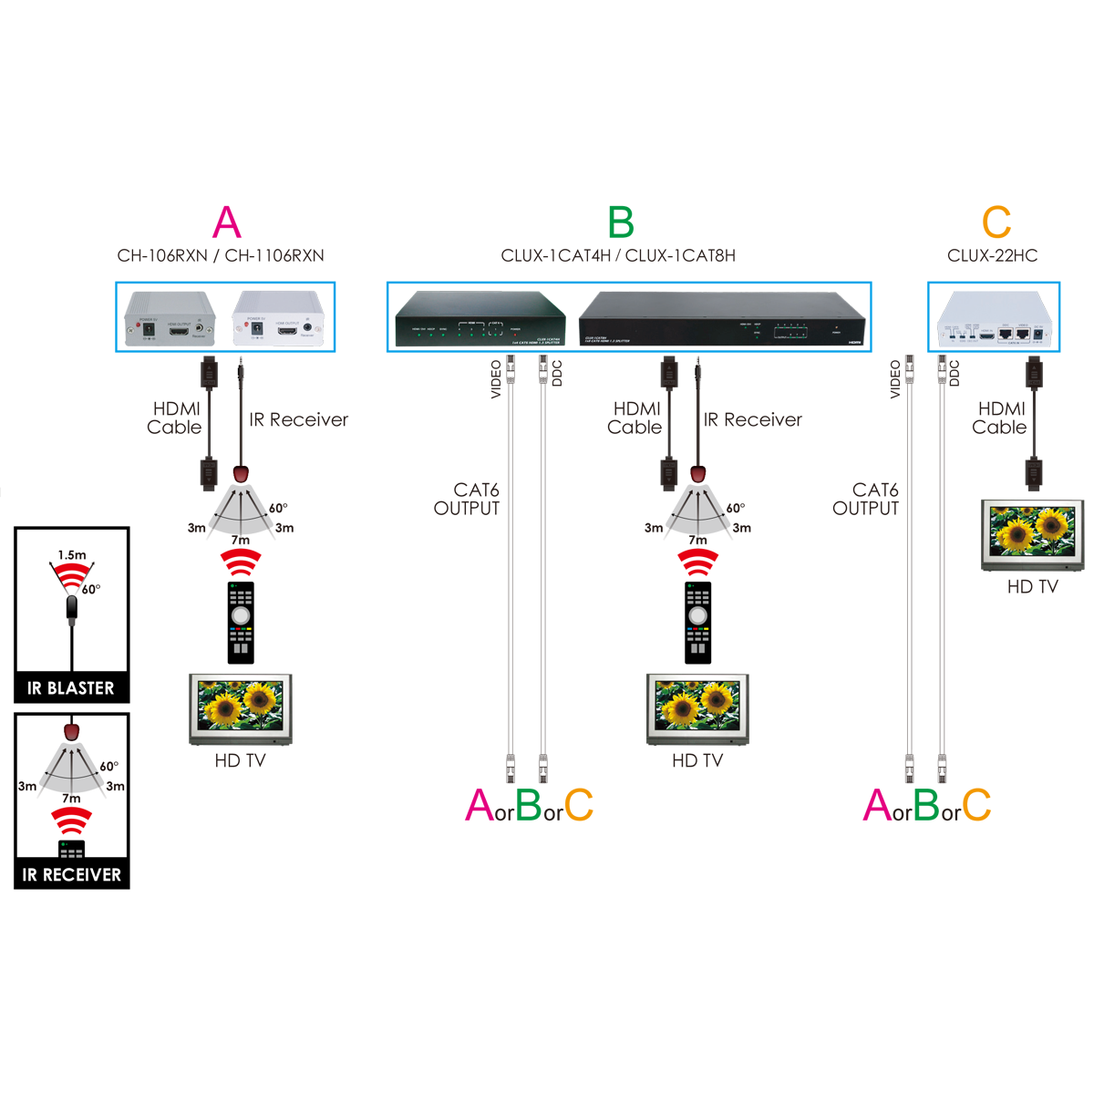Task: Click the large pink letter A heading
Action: [x=226, y=223]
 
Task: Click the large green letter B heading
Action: [x=620, y=223]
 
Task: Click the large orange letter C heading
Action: [x=996, y=223]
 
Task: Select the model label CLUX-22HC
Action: [x=992, y=256]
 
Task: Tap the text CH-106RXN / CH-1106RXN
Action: [x=221, y=256]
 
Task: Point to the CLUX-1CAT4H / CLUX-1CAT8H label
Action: [x=618, y=256]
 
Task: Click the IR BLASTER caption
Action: [x=71, y=688]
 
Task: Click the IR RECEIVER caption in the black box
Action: [x=71, y=875]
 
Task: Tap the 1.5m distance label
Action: [x=72, y=555]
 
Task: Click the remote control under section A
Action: [x=241, y=622]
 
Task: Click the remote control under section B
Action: [x=697, y=622]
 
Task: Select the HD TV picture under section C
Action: [x=1032, y=534]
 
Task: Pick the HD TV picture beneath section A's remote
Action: [x=241, y=708]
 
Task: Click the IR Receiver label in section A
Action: [x=299, y=420]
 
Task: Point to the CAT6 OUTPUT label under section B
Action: [x=467, y=500]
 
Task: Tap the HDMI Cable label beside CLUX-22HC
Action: [x=1000, y=418]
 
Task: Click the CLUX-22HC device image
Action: [x=994, y=318]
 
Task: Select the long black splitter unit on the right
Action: [x=721, y=318]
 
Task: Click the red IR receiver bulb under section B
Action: [x=698, y=475]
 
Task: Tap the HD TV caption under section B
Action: [x=697, y=760]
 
